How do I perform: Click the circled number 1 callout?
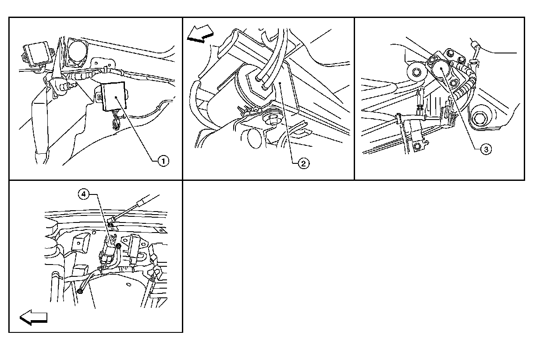163,161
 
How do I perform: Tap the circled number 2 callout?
303,163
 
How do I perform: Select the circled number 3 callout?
485,149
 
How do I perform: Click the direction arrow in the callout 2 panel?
200,34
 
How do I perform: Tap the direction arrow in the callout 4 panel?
33,317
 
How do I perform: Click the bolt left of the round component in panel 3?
416,72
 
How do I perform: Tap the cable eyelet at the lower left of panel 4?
81,289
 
